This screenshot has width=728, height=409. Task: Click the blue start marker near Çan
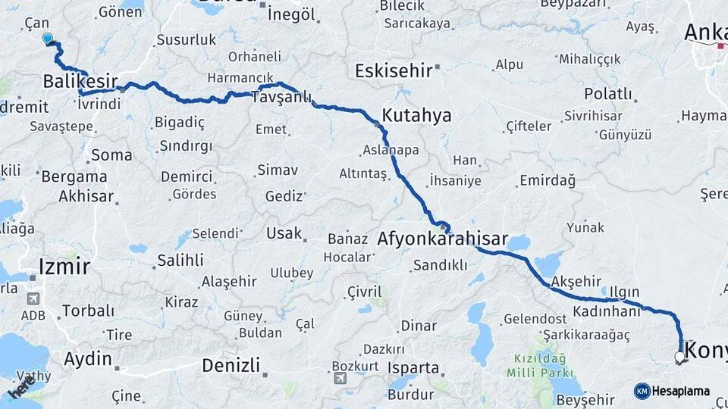(x=49, y=39)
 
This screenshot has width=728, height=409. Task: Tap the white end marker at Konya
(x=679, y=357)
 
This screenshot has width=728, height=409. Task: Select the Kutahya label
(x=416, y=116)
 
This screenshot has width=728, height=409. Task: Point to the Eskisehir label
(x=393, y=70)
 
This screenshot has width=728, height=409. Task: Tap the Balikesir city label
(x=80, y=80)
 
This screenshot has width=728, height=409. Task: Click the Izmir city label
(x=64, y=266)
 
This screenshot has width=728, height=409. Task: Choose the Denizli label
(x=231, y=365)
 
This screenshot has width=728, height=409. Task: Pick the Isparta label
(x=413, y=368)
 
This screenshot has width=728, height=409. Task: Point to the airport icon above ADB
(x=32, y=299)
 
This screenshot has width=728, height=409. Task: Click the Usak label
(x=284, y=233)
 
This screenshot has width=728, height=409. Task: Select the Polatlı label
(x=608, y=93)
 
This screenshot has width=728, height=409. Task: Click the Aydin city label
(x=89, y=359)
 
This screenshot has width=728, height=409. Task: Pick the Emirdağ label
(x=547, y=180)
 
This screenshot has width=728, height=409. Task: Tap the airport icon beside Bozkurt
(x=340, y=378)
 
